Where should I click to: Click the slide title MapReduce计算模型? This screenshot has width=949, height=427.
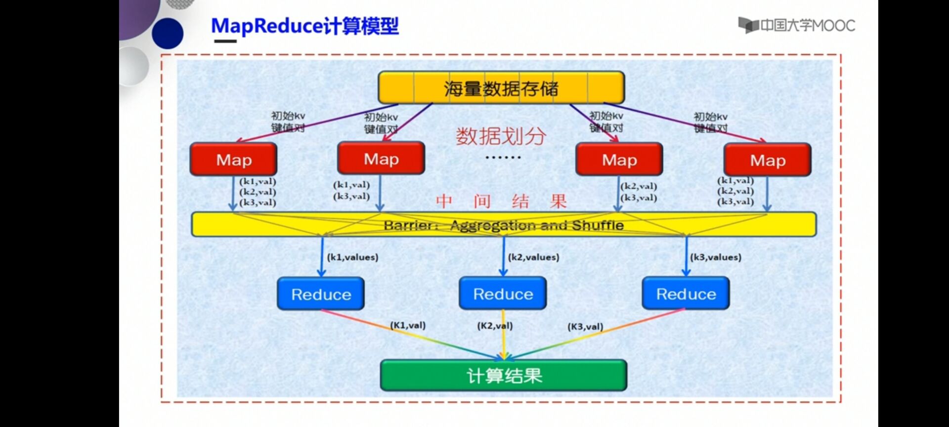pyautogui.click(x=304, y=26)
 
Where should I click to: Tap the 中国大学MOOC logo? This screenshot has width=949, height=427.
pyautogui.click(x=796, y=25)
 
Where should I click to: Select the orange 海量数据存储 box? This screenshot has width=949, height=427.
pyautogui.click(x=501, y=88)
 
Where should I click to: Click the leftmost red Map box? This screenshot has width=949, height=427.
pyautogui.click(x=233, y=159)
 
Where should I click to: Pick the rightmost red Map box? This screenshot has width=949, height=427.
pyautogui.click(x=767, y=160)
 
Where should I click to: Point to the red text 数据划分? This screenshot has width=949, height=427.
pyautogui.click(x=500, y=136)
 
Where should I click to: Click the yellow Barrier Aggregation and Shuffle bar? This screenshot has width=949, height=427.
pyautogui.click(x=503, y=225)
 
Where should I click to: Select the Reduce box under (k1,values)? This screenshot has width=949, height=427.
pyautogui.click(x=321, y=294)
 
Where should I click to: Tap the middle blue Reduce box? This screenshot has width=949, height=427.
pyautogui.click(x=503, y=294)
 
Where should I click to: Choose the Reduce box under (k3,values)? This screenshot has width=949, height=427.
pyautogui.click(x=686, y=294)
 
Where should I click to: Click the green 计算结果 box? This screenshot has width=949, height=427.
pyautogui.click(x=504, y=376)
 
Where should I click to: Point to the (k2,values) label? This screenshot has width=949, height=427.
pyautogui.click(x=533, y=257)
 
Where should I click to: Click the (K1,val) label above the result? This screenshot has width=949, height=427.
pyautogui.click(x=408, y=325)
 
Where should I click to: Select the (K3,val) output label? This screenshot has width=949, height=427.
pyautogui.click(x=585, y=327)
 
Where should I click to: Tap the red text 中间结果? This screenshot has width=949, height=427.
pyautogui.click(x=501, y=201)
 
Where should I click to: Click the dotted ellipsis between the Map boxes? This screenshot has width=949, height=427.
pyautogui.click(x=503, y=158)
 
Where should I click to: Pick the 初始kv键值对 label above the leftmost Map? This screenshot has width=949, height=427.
pyautogui.click(x=288, y=122)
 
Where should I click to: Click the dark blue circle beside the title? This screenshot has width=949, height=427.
pyautogui.click(x=168, y=33)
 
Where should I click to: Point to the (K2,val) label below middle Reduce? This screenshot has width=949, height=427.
pyautogui.click(x=494, y=326)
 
